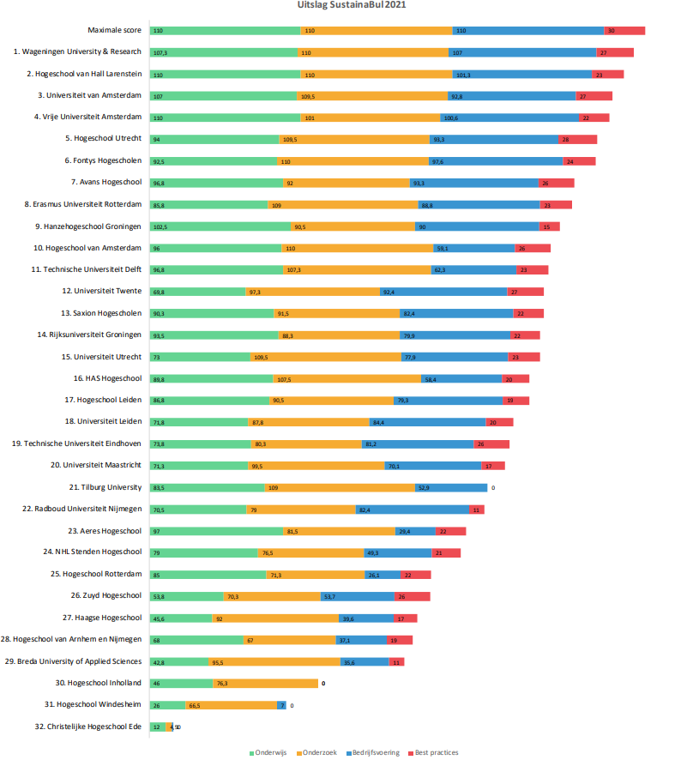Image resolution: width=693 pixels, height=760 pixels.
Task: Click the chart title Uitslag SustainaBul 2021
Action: click(x=346, y=5)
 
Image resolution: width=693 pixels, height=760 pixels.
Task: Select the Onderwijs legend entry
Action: click(x=270, y=752)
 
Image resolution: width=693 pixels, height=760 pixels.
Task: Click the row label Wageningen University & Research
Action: click(x=77, y=51)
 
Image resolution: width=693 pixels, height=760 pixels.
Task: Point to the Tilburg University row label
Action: click(x=106, y=487)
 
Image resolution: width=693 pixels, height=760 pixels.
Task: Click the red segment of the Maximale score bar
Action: click(x=624, y=30)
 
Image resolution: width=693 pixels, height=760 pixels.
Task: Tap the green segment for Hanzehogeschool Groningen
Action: click(x=220, y=226)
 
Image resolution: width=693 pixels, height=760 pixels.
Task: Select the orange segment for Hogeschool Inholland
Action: click(x=265, y=684)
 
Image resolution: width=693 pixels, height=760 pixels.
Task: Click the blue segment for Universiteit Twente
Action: click(x=443, y=292)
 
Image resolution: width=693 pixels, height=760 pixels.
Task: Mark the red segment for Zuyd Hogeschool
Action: click(x=413, y=596)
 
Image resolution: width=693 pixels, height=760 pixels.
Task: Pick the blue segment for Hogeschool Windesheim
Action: click(x=281, y=705)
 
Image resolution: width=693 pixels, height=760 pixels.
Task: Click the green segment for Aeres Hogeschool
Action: click(x=216, y=531)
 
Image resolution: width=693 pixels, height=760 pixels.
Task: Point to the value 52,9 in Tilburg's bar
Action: click(x=423, y=487)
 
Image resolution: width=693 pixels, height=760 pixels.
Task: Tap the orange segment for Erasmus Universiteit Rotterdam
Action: click(x=342, y=204)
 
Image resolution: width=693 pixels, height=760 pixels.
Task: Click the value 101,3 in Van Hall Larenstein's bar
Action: click(x=461, y=75)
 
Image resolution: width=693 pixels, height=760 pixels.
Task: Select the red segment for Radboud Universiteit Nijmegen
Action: click(x=476, y=510)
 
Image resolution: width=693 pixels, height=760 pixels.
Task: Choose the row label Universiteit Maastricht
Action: click(x=96, y=465)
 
